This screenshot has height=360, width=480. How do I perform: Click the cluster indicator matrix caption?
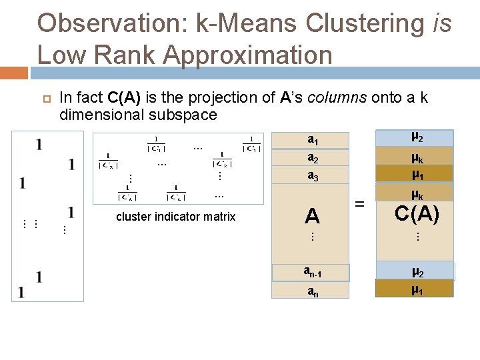(175, 216)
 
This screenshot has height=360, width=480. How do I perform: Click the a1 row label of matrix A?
(312, 140)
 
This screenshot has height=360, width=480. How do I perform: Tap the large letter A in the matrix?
(312, 215)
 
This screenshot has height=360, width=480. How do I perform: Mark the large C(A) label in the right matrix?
(416, 214)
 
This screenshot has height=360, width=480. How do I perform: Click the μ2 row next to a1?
(415, 138)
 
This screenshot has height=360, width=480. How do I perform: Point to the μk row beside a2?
(415, 158)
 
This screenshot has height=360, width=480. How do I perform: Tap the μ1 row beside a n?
(415, 289)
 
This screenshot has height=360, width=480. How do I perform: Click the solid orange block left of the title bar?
(14, 73)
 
